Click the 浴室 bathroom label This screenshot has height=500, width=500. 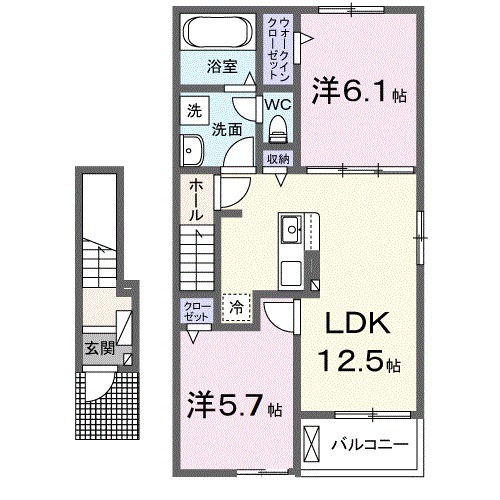pos(222,67)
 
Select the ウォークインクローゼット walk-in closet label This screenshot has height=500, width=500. pos(277,48)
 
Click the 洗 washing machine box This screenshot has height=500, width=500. pos(193,112)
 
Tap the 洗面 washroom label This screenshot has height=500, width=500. pos(227,129)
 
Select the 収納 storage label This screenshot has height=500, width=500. pos(277,159)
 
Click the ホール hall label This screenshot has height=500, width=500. pos(197,199)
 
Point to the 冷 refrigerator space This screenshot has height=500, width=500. pos(237,309)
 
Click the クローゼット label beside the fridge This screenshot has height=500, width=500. pos(197,309)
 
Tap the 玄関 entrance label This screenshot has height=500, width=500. pos(97,348)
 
